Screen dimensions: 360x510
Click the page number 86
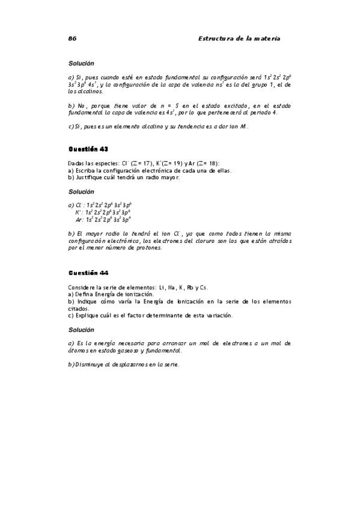point(72,38)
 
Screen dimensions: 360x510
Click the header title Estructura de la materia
point(239,38)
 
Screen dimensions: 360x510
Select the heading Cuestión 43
point(88,148)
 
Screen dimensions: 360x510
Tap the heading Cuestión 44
point(88,272)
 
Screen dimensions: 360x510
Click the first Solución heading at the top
point(81,63)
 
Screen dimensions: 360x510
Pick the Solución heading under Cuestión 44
point(81,330)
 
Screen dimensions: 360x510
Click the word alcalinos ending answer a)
point(84,92)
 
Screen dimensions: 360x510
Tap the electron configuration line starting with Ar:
point(102,220)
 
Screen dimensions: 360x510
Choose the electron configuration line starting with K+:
point(102,212)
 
